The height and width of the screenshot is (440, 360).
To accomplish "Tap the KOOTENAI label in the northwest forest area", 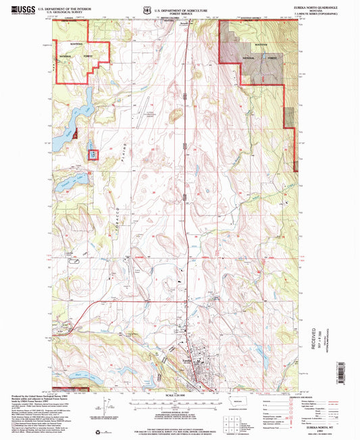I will [x=74, y=47].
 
